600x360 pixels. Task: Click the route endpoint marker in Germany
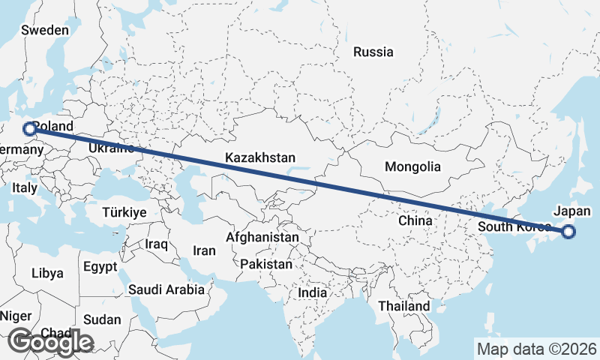[29, 129]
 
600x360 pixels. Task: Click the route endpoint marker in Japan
[568, 232]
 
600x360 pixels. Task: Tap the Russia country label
[373, 52]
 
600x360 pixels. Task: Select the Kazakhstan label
[260, 157]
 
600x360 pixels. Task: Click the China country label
[415, 221]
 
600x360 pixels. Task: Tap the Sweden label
[45, 31]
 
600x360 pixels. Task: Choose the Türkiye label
[124, 212]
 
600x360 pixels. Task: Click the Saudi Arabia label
[166, 289]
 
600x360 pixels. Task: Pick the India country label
[313, 292]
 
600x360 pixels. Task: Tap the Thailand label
[404, 306]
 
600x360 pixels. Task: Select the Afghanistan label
[262, 237]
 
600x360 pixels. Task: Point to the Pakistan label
[267, 264]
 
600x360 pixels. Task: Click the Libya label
[47, 274]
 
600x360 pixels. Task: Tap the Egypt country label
[100, 267]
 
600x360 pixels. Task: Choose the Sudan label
[101, 319]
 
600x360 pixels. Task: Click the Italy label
[24, 187]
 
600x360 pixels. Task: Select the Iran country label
[204, 250]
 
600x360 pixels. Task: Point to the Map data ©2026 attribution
[536, 349]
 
